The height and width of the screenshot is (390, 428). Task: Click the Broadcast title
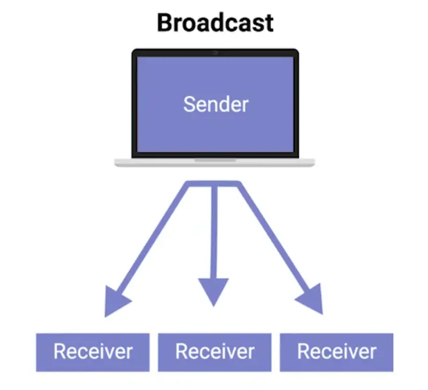(215, 23)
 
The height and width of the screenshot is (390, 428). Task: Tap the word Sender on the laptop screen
(215, 104)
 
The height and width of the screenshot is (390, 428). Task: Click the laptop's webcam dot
(215, 53)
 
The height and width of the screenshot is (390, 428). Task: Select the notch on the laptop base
(214, 160)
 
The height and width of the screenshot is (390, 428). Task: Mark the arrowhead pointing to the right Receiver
(311, 300)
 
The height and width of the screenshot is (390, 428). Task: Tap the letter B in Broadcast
(165, 23)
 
